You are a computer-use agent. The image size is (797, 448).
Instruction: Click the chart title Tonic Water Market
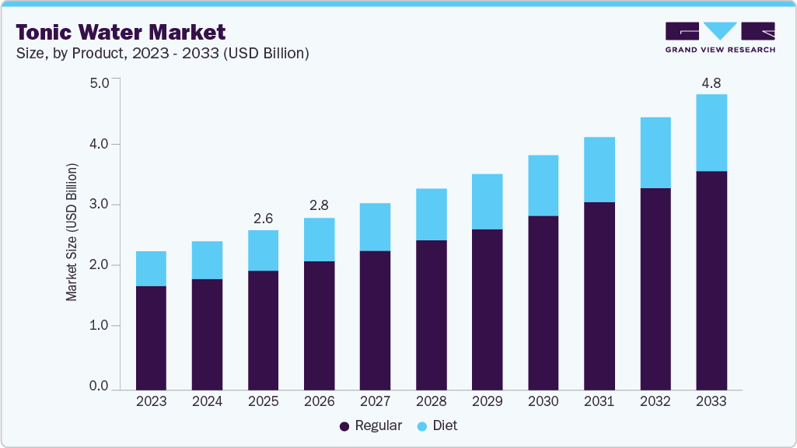(121, 32)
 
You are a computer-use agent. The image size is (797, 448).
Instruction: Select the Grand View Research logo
(720, 37)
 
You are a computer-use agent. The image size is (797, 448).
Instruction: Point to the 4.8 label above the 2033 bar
(711, 82)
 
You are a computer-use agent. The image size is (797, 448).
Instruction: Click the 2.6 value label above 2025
(263, 219)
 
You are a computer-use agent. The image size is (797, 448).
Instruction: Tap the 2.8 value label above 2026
(319, 206)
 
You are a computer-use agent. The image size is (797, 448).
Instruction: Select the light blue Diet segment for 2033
(711, 133)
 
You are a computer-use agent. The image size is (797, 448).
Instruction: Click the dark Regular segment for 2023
(151, 338)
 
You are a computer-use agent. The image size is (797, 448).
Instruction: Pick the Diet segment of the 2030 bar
(543, 185)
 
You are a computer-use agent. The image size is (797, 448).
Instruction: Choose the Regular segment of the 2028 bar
(431, 315)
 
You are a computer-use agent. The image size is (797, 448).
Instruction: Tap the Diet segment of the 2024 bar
(207, 260)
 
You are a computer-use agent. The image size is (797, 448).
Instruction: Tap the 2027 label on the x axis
(375, 402)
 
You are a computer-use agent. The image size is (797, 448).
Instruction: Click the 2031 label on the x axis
(599, 402)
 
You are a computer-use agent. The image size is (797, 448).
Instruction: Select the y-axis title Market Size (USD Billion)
(72, 233)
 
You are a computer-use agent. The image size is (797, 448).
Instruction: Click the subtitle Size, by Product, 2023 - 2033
(163, 54)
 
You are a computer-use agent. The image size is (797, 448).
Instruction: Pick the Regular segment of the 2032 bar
(655, 289)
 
